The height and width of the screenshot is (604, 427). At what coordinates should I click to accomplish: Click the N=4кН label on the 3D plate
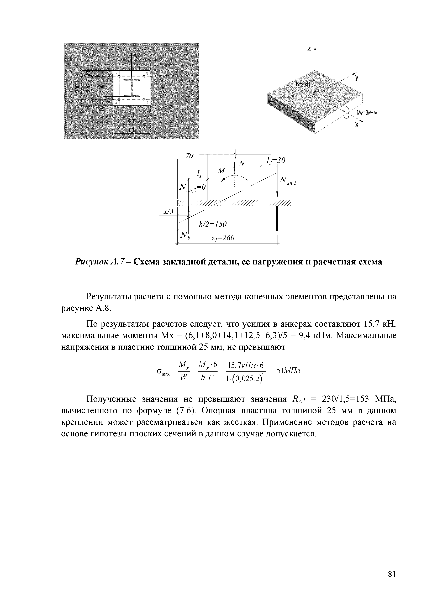303,84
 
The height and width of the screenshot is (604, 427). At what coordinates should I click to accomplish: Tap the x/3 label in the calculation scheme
168,211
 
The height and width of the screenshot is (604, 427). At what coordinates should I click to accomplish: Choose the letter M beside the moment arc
222,171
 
